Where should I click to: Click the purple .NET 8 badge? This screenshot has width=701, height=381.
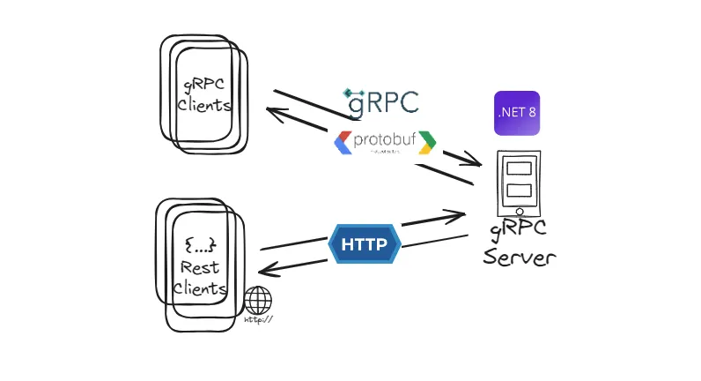tap(516, 113)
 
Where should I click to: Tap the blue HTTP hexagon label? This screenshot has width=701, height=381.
tap(364, 244)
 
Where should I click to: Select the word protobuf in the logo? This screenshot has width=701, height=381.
tap(383, 140)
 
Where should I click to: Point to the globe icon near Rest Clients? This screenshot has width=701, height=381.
tap(258, 301)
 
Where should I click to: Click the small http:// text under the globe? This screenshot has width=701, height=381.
tap(258, 319)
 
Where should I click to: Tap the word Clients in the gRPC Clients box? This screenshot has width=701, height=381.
tap(204, 105)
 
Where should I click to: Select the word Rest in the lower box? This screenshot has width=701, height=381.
tap(200, 267)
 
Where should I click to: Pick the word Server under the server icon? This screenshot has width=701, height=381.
tap(520, 257)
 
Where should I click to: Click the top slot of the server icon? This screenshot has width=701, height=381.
tap(519, 168)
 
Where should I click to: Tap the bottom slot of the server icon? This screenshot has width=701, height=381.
tap(519, 190)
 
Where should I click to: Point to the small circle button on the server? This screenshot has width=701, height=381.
tap(519, 212)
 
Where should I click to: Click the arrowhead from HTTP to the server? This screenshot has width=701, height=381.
tap(459, 214)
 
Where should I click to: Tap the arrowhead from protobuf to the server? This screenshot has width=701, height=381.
tap(476, 164)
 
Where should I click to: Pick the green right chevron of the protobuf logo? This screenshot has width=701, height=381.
tap(427, 141)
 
